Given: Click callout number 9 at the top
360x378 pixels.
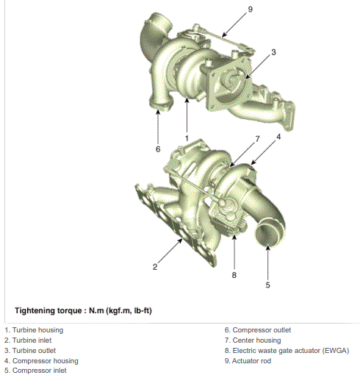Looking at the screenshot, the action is click(250, 10).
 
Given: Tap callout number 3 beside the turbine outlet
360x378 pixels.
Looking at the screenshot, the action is click(273, 52).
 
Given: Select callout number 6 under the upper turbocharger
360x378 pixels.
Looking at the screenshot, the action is click(158, 149).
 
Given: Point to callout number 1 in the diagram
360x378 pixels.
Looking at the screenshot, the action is click(187, 138).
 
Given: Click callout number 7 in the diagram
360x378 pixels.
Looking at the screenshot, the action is click(257, 139).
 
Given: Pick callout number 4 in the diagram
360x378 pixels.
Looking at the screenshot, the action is click(278, 137).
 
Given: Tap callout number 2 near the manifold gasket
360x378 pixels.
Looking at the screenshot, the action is click(155, 267).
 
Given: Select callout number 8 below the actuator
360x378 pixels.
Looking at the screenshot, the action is click(234, 275).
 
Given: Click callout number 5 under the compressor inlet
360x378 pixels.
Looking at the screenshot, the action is click(267, 285).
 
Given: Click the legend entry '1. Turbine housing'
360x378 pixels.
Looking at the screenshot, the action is click(34, 330).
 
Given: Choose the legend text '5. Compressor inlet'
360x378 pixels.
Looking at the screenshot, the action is click(35, 371).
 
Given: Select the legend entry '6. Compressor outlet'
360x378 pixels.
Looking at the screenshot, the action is click(258, 330).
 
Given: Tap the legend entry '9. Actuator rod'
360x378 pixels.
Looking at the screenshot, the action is click(248, 361).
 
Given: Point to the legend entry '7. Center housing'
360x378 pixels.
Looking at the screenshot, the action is click(253, 340).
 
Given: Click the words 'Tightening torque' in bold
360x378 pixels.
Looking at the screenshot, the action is click(48, 310).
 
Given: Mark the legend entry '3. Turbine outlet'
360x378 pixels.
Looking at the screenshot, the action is click(30, 351).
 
